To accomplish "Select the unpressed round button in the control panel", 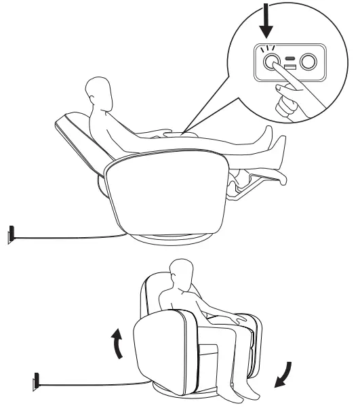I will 308,63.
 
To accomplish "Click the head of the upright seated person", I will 181,275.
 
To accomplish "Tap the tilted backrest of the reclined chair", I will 78,139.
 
